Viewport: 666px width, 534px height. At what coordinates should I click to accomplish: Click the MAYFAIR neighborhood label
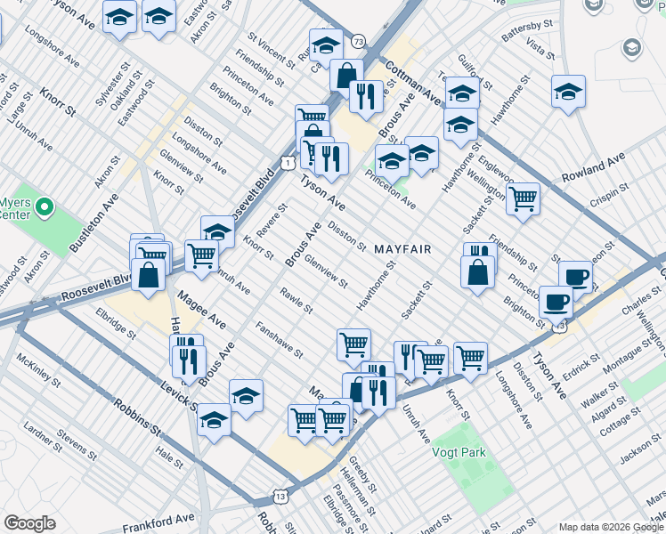coord(402,249)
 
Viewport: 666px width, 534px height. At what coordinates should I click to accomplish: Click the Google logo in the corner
coord(29,523)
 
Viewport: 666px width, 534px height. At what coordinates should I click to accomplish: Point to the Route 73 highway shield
coord(358,42)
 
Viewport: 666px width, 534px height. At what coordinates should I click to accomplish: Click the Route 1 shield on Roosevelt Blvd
coord(286,163)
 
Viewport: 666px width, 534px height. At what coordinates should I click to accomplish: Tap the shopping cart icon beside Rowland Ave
coord(523,199)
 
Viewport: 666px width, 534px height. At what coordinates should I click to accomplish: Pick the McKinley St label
coord(37,374)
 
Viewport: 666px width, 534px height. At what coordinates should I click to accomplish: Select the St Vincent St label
coord(271,49)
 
